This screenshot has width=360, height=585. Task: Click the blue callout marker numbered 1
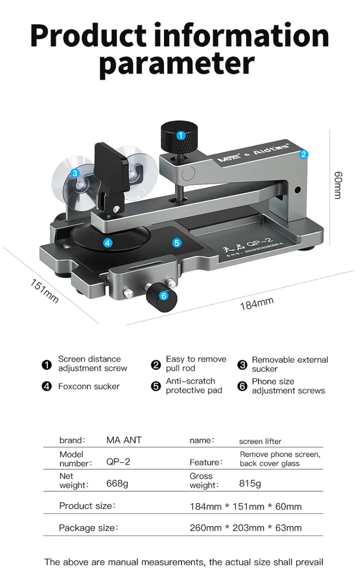click(180, 136)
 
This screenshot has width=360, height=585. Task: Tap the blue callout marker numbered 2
click(303, 155)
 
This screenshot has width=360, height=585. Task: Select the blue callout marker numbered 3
click(75, 173)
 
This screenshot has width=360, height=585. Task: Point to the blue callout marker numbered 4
click(108, 242)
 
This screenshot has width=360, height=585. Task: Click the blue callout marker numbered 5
click(177, 242)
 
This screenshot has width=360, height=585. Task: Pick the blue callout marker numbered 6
click(163, 295)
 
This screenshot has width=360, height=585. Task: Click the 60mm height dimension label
click(338, 184)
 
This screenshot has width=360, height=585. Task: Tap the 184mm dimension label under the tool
click(257, 304)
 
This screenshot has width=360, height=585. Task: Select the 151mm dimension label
click(44, 291)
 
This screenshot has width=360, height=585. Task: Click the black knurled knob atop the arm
click(180, 138)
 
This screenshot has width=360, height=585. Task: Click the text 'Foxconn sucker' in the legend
click(89, 386)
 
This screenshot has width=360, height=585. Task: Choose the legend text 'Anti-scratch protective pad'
click(194, 386)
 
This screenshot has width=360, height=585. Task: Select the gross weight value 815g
click(250, 484)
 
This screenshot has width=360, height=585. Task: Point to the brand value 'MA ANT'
click(124, 440)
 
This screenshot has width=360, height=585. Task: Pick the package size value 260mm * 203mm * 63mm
click(245, 528)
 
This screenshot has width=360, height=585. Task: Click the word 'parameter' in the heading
click(177, 64)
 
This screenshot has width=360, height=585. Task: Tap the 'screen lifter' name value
click(260, 441)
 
